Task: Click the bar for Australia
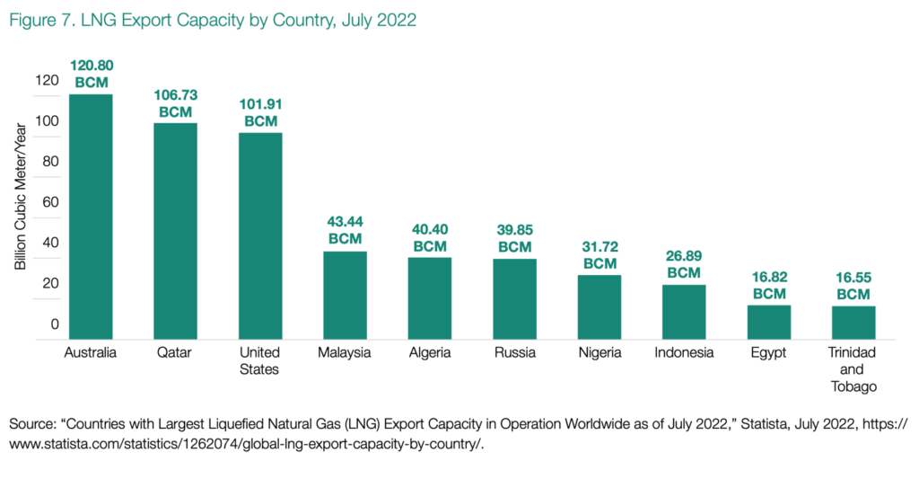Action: (91, 217)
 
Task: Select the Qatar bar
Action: (175, 231)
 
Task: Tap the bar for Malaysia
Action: (345, 295)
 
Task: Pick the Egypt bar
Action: (768, 322)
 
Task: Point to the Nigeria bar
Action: (600, 306)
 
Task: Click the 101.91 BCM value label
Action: (260, 112)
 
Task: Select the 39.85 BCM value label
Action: (514, 238)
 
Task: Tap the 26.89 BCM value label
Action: (684, 264)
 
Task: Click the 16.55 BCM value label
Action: (853, 286)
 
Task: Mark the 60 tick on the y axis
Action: (50, 202)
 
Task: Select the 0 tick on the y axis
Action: (55, 324)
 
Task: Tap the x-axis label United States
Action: (260, 360)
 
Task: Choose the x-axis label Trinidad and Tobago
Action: (853, 369)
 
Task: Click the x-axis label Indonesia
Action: (684, 352)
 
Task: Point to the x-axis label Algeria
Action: (430, 352)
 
